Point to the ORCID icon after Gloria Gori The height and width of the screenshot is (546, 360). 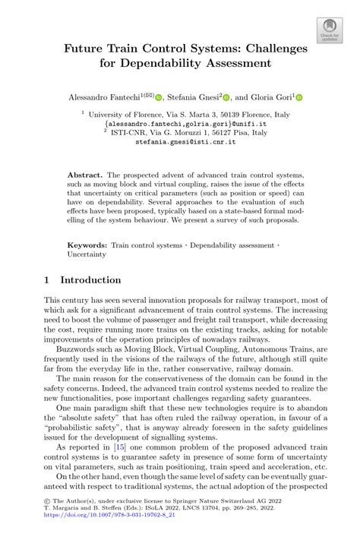298,97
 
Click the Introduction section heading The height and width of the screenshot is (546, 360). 90,279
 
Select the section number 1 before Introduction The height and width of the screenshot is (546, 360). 47,279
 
